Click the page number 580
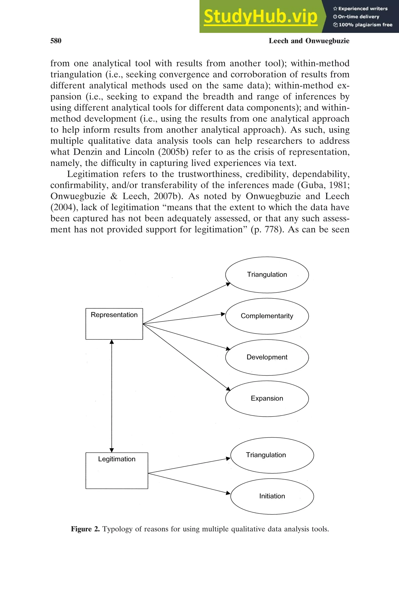click(56, 41)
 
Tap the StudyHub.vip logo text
click(260, 17)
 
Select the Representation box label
click(114, 315)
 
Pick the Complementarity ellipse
click(267, 316)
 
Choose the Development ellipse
click(267, 357)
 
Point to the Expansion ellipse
click(267, 398)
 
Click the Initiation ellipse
click(272, 496)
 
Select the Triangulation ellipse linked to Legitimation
click(272, 455)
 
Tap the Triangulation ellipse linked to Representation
click(267, 275)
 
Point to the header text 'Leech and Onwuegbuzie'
click(309, 41)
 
